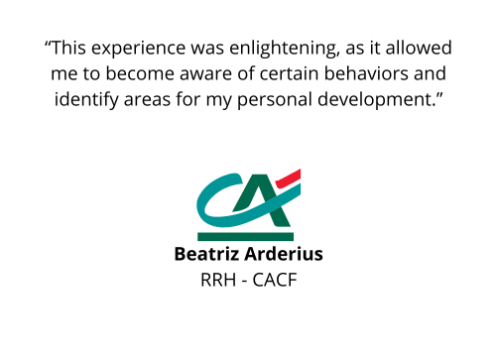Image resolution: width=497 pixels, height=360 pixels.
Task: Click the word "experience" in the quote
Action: [x=138, y=49]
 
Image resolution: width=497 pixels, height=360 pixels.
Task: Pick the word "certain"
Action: [x=289, y=73]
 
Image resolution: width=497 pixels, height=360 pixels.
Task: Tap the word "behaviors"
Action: [x=366, y=73]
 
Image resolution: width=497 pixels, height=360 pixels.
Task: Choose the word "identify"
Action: [x=86, y=99]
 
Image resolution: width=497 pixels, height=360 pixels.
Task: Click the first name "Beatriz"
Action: [x=206, y=254]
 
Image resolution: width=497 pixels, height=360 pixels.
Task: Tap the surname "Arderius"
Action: [x=284, y=254]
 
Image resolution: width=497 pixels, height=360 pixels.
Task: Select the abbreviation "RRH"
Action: [x=218, y=280]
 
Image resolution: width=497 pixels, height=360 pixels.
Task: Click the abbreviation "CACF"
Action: [x=275, y=280]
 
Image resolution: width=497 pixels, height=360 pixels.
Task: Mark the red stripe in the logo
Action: [x=289, y=179]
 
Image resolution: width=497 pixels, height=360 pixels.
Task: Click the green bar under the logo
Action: [x=245, y=237]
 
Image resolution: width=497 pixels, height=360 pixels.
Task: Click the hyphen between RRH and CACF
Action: [x=244, y=282]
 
